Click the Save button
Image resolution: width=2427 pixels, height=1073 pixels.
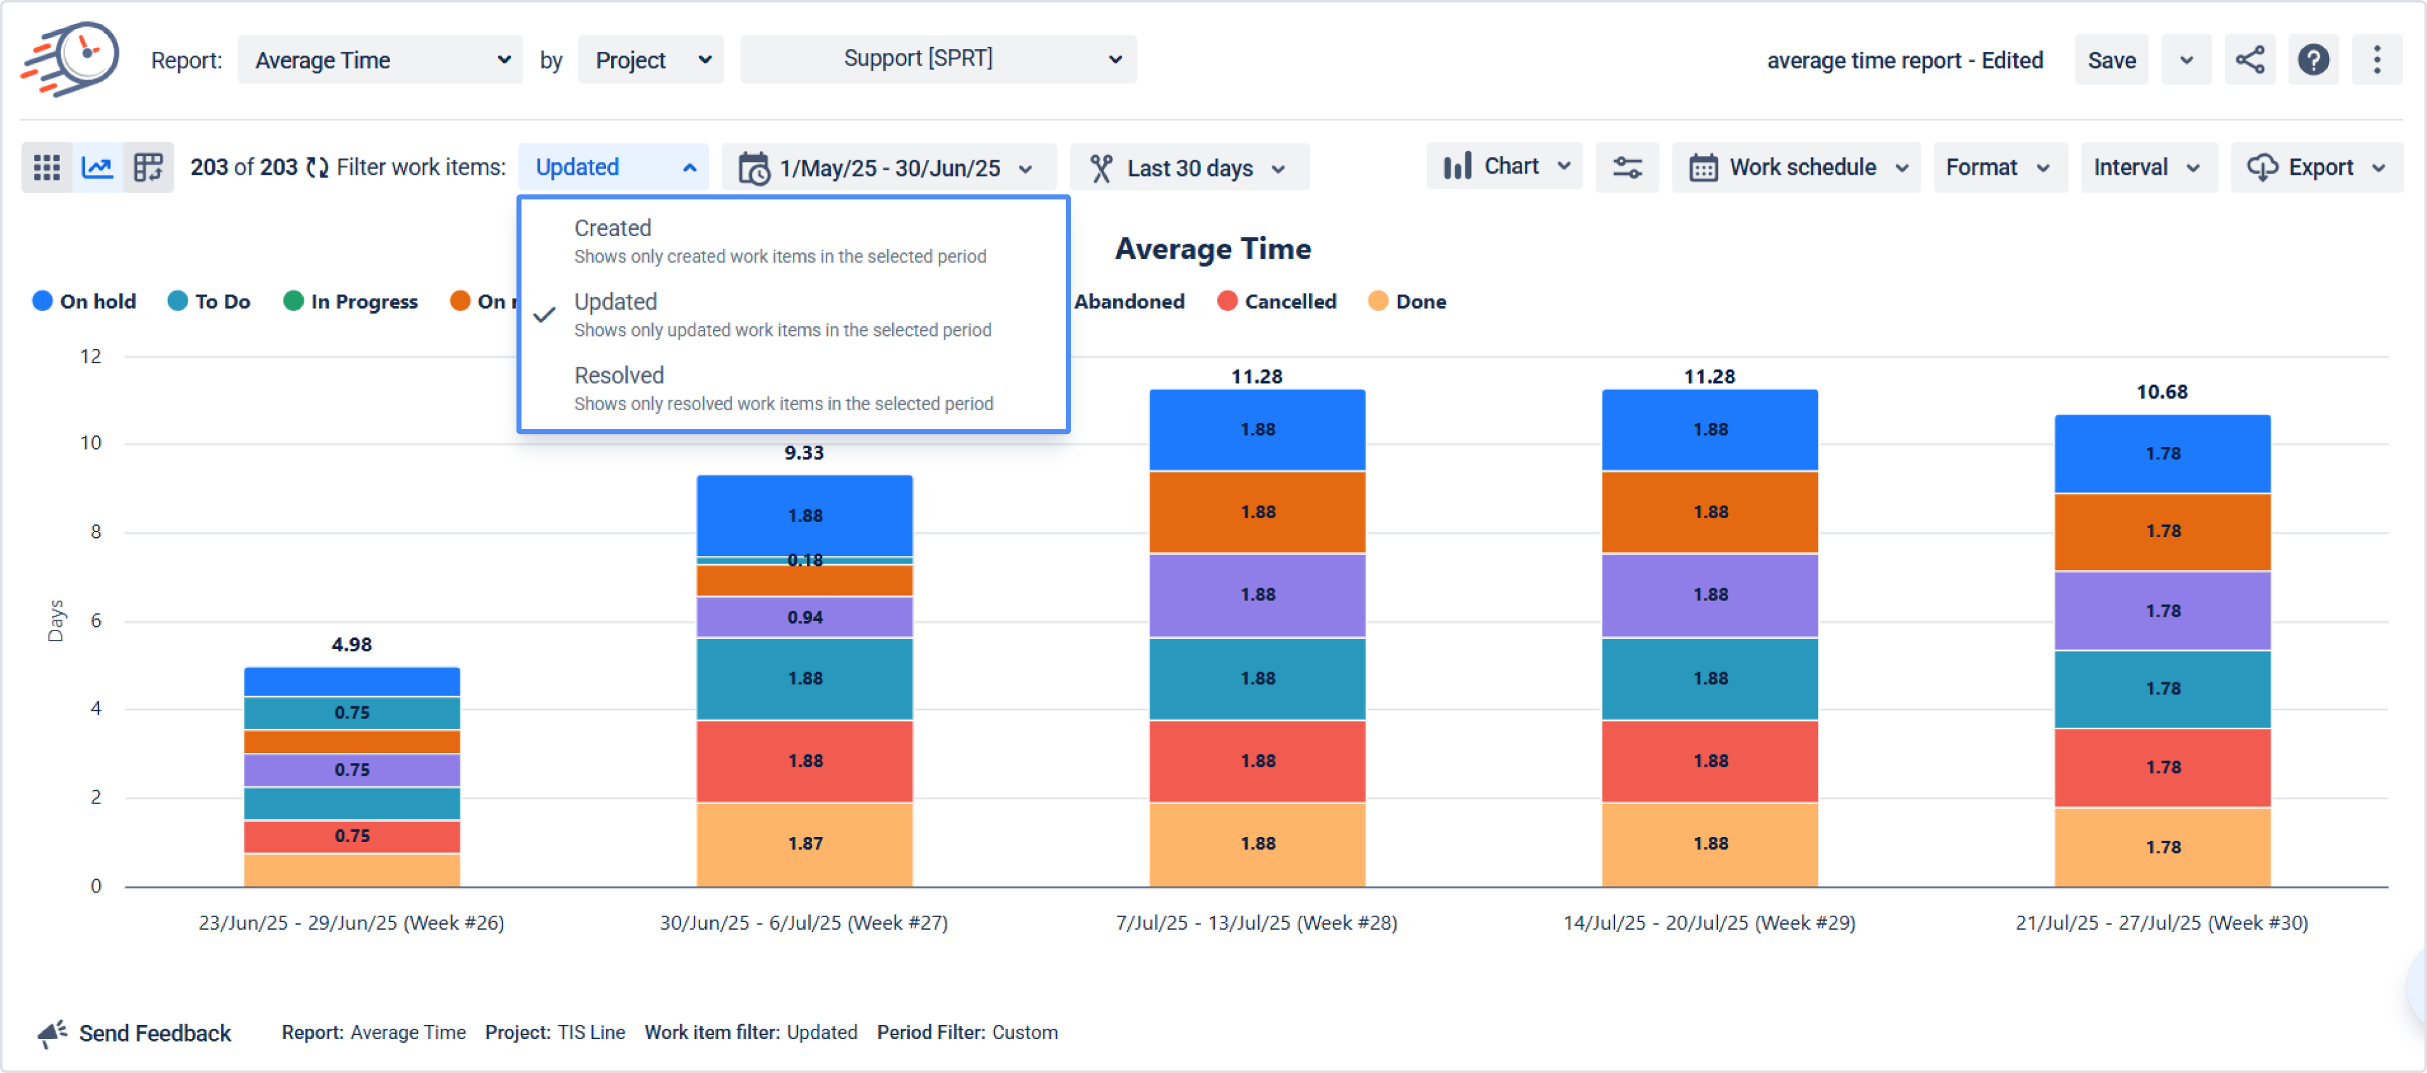tap(2111, 61)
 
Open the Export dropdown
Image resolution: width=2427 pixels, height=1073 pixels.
tap(2317, 168)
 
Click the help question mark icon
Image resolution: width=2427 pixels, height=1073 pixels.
tap(2313, 61)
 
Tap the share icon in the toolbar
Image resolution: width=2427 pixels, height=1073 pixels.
tap(2250, 61)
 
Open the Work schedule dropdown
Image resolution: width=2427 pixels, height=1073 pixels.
tap(1796, 168)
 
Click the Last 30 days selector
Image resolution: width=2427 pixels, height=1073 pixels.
tap(1189, 168)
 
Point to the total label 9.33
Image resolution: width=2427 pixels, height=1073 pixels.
tap(804, 453)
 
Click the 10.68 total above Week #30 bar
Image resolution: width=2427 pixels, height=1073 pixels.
tap(2161, 392)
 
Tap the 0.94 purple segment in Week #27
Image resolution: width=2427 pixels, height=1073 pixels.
tap(804, 617)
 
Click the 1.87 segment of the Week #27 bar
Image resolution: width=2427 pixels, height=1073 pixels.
tap(804, 843)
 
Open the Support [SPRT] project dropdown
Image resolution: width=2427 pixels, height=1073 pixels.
tap(938, 59)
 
